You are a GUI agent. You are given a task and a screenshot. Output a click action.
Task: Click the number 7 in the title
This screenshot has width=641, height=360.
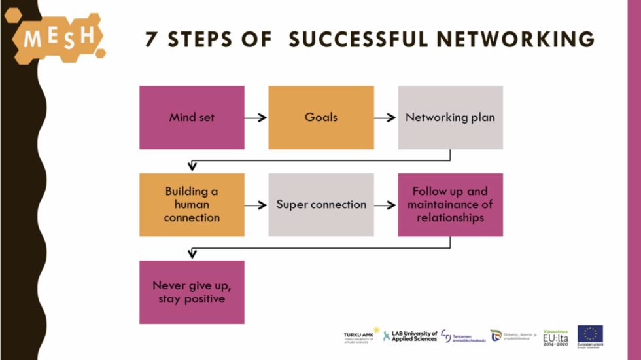point(151,40)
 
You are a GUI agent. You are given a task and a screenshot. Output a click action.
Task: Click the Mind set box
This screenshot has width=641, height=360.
point(192,118)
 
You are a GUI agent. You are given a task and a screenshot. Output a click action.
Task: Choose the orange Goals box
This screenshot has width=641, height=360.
point(321,118)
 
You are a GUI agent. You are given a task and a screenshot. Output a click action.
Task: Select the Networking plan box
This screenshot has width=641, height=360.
point(450,118)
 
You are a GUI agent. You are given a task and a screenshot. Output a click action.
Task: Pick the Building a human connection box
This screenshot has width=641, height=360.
point(192,205)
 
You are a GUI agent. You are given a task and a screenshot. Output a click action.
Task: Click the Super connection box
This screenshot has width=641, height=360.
point(321,205)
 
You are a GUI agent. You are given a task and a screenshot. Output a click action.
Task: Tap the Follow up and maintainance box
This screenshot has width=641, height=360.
point(450,205)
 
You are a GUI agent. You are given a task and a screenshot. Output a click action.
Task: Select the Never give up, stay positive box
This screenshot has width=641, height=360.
point(192,292)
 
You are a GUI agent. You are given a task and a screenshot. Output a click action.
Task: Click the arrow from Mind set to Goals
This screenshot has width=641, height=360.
point(256,118)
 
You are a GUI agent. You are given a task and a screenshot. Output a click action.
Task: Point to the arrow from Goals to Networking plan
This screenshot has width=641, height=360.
point(385,118)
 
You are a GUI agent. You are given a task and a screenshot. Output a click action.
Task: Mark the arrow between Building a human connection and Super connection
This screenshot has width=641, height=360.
point(256,205)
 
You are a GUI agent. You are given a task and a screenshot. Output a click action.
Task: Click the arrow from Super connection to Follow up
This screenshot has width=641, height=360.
point(385,205)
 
